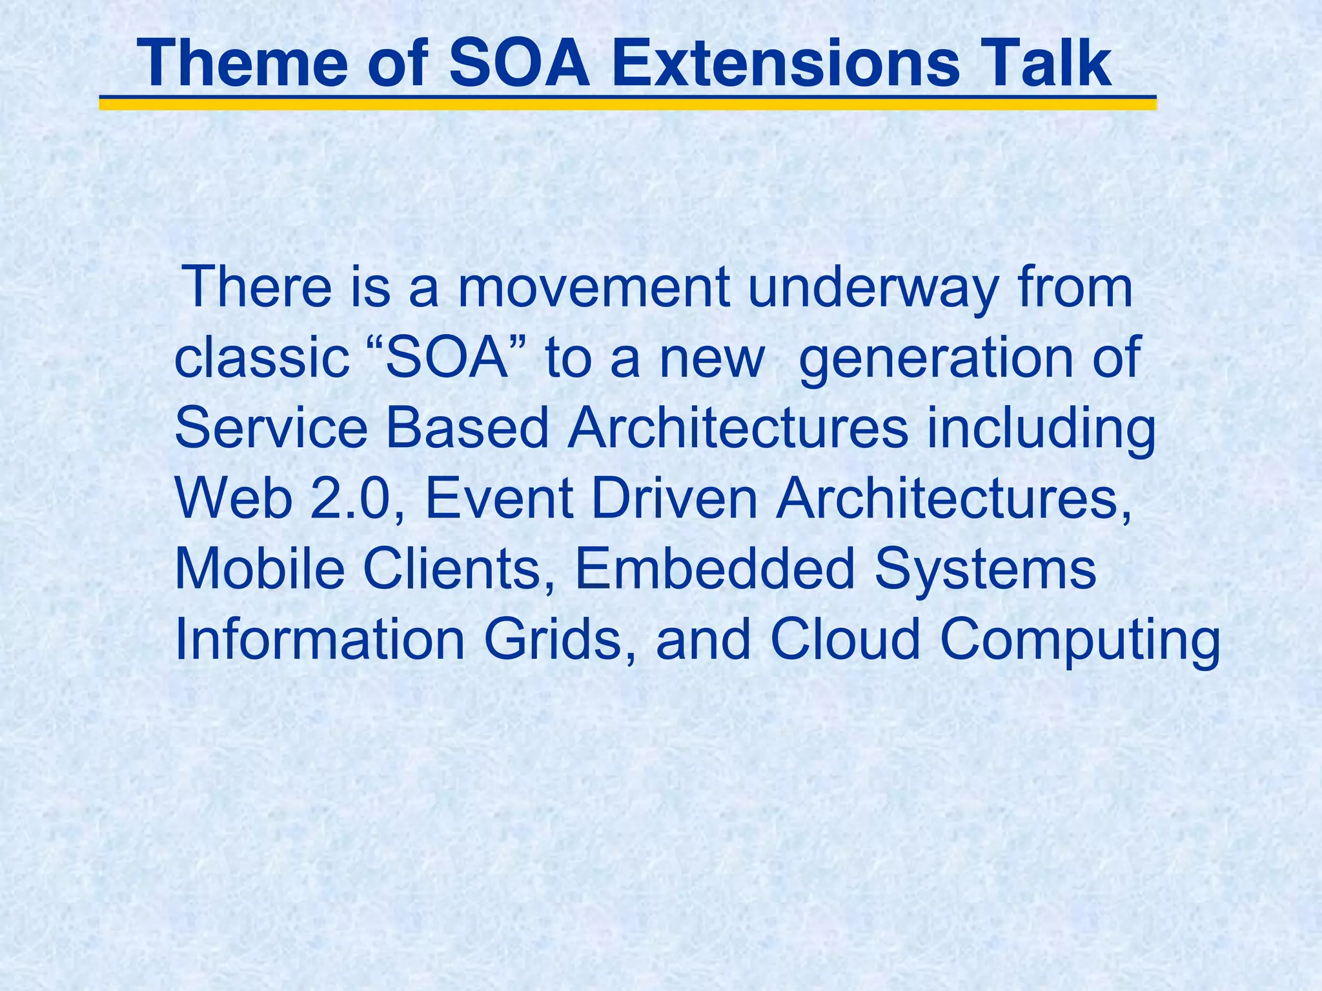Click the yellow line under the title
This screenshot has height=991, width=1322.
(626, 105)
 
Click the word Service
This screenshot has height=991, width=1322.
(270, 429)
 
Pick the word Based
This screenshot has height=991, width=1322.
(467, 429)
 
